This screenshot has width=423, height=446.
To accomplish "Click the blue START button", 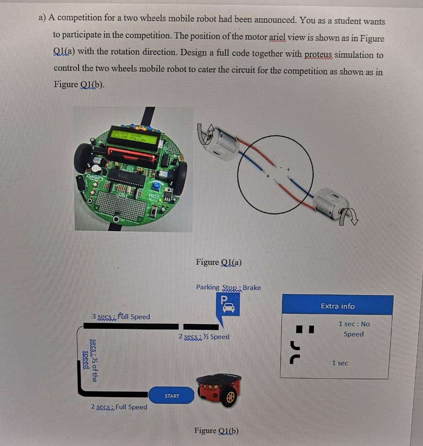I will coord(172,396).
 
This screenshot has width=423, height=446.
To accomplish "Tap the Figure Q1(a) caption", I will coord(219,262).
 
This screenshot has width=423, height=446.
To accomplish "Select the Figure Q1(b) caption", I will coord(216,431).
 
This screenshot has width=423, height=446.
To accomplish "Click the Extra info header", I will coord(337,306).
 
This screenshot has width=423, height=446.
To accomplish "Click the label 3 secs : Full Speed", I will coord(121,317).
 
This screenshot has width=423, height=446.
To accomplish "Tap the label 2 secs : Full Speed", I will coord(119,407).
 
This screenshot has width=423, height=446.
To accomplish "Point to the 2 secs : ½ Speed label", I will coord(204,337).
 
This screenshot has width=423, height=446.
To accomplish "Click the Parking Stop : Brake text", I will coord(228,287).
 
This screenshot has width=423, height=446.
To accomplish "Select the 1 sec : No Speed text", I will coord(354,329).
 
